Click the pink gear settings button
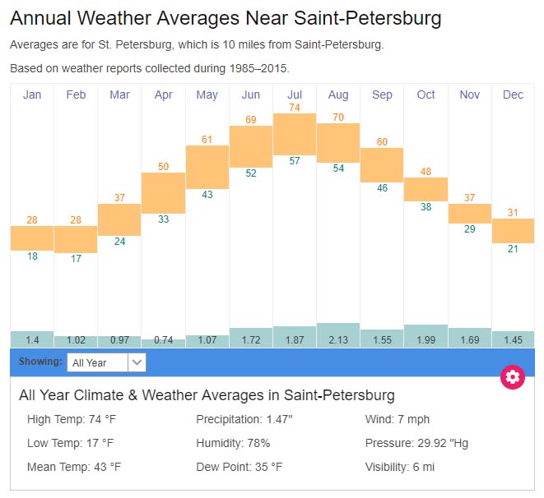[x=513, y=377]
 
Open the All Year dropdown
[x=106, y=362]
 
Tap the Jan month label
[x=32, y=95]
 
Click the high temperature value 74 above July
[x=295, y=108]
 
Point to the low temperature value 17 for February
[x=76, y=259]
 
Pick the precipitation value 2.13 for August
[x=338, y=339]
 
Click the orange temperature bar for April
[x=164, y=193]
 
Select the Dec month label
[x=513, y=95]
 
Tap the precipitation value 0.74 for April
[x=164, y=340]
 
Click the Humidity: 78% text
[x=233, y=443]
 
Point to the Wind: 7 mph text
[x=398, y=420]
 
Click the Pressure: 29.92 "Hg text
[x=416, y=443]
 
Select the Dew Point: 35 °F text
[x=239, y=467]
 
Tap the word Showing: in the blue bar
[x=40, y=362]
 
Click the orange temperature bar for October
[x=425, y=189]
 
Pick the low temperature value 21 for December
[x=513, y=249]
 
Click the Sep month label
[x=382, y=95]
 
